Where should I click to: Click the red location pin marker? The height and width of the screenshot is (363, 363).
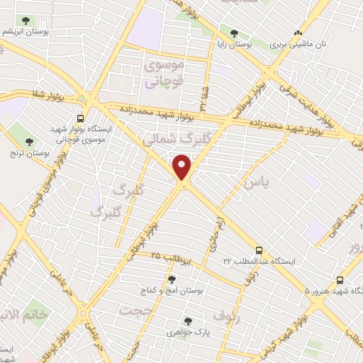[x=183, y=167]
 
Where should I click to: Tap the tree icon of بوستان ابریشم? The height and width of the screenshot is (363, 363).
[x=26, y=21]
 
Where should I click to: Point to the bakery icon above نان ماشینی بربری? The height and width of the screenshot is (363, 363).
[x=298, y=32]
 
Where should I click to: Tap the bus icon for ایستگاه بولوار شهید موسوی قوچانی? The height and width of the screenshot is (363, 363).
[x=80, y=118]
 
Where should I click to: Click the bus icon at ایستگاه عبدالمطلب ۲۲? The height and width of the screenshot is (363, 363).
[x=259, y=250]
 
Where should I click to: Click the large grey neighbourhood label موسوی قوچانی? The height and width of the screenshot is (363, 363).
[x=164, y=73]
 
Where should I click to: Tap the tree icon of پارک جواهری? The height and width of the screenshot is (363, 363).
[x=188, y=320]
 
